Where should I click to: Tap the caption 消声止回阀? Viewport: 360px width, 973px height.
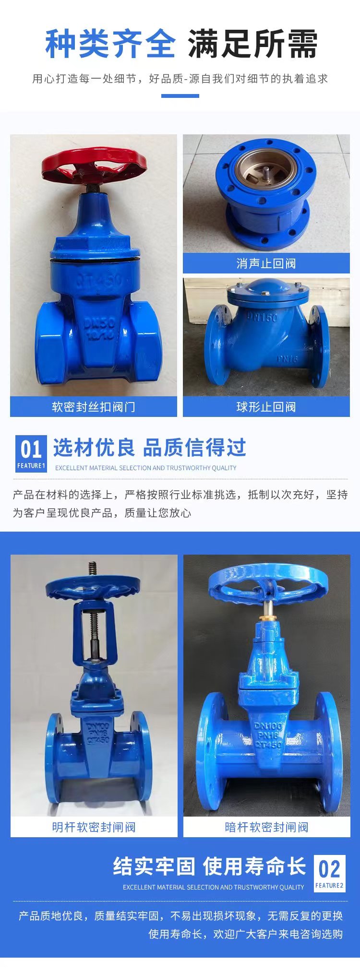click(x=266, y=263)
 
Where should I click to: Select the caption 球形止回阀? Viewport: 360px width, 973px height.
click(x=266, y=407)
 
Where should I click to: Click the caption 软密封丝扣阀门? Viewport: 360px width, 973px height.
click(x=94, y=407)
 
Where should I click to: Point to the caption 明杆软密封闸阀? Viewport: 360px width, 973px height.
click(x=94, y=827)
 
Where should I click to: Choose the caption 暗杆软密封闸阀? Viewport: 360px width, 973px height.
click(x=267, y=827)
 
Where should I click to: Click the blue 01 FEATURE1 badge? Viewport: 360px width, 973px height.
click(x=31, y=453)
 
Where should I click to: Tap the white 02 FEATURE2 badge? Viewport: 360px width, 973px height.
click(x=330, y=873)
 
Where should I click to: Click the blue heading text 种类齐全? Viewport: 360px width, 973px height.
click(x=110, y=44)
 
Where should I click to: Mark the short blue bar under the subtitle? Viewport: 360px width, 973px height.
click(x=180, y=96)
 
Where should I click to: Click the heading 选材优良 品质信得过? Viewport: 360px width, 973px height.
click(x=150, y=448)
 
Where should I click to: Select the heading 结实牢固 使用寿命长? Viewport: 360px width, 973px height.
click(x=210, y=866)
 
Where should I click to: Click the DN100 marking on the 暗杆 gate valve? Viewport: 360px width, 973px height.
click(x=268, y=726)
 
